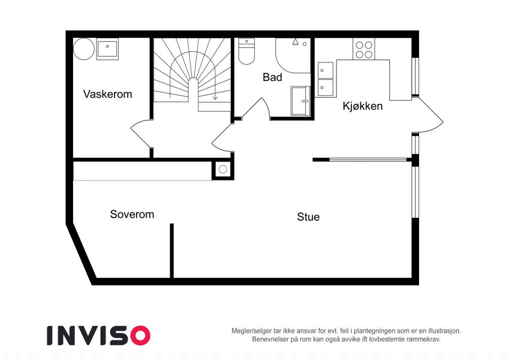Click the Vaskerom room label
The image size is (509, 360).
[107, 94]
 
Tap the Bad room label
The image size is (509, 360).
[272, 77]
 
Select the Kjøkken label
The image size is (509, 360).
[363, 106]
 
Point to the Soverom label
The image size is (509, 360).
[132, 214]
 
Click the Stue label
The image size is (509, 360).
[308, 217]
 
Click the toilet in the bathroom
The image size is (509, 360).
[246, 52]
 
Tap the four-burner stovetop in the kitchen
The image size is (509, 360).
[364, 49]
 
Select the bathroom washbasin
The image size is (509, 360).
[300, 101]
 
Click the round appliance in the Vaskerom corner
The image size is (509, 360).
[84, 49]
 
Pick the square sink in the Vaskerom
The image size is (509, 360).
[107, 49]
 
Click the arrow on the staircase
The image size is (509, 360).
[215, 97]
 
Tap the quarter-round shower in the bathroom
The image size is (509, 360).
[293, 55]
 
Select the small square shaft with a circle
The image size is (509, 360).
[222, 169]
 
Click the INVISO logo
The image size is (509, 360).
[99, 335]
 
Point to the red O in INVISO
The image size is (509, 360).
[140, 335]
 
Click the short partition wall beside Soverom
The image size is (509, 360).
[171, 251]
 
